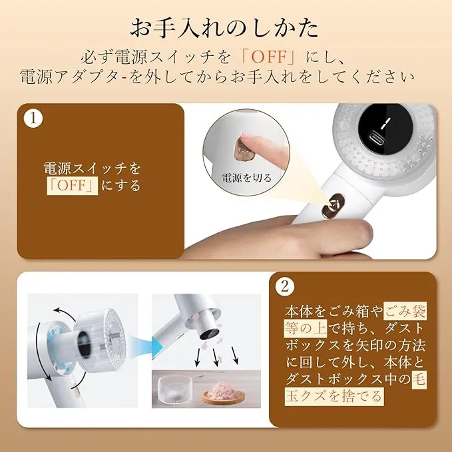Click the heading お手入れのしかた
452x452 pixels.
[224, 28]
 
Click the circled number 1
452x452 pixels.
[33, 118]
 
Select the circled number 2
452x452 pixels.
[285, 287]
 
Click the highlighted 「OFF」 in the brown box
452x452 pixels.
[73, 186]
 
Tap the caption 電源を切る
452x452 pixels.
[247, 178]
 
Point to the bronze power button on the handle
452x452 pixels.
[334, 206]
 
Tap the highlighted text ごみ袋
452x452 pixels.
[405, 312]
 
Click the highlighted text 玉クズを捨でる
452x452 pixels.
[334, 396]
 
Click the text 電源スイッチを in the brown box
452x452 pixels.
[92, 168]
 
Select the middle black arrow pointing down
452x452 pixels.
[215, 357]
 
